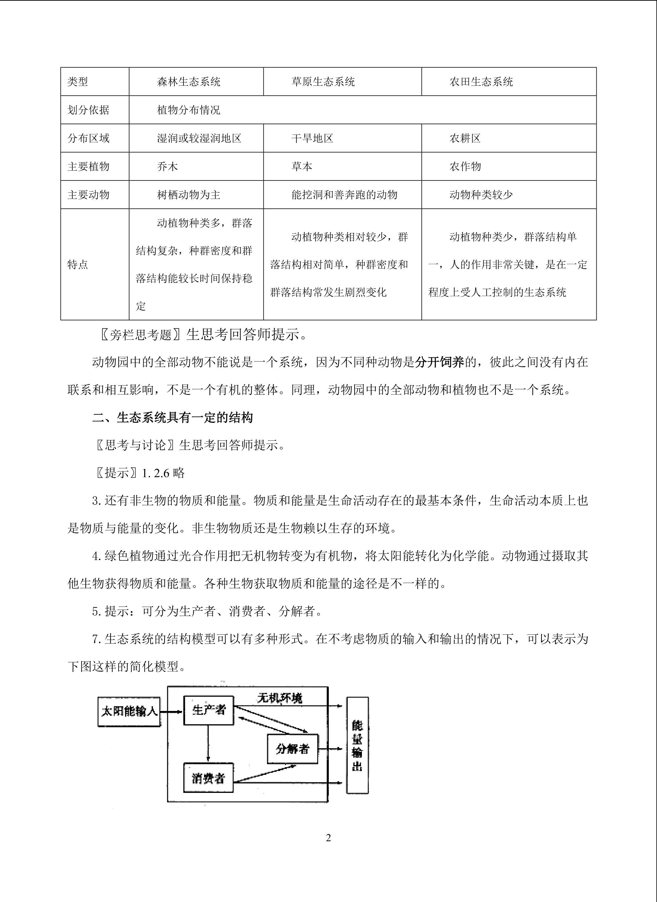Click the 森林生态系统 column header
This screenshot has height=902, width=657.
(x=189, y=82)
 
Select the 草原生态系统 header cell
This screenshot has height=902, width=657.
(x=323, y=82)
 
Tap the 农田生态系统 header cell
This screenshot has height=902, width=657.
(x=481, y=82)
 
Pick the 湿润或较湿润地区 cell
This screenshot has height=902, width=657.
(x=199, y=138)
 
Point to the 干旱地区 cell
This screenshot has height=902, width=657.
(x=312, y=138)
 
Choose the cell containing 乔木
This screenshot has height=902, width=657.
(x=167, y=167)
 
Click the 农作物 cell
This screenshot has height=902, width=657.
(x=465, y=167)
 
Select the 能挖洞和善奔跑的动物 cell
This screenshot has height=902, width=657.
(x=344, y=195)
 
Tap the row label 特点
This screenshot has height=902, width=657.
(x=78, y=264)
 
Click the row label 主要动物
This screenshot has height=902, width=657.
(x=88, y=195)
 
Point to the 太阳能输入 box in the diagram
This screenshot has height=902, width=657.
(x=129, y=712)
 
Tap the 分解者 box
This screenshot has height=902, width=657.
(x=292, y=749)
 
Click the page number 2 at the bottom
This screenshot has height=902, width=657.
(x=328, y=838)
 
